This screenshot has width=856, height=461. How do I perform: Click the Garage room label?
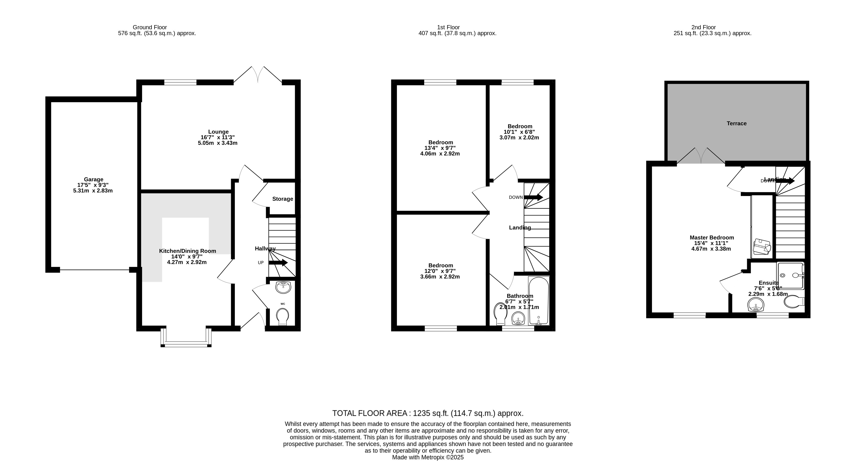[x=93, y=179]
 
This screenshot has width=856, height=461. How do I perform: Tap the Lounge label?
[x=218, y=132]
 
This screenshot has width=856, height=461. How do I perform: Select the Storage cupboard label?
[x=282, y=199]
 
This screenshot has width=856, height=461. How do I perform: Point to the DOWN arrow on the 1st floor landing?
[x=533, y=197]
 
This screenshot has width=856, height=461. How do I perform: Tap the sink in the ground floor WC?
[x=283, y=287]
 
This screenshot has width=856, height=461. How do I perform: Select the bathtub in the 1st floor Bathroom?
[x=539, y=301]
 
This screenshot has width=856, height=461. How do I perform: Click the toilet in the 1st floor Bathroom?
[x=500, y=314]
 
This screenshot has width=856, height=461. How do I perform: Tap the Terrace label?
[x=736, y=123]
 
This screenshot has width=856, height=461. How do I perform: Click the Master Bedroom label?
[x=712, y=237]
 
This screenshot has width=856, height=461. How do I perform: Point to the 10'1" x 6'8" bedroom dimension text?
[x=519, y=132]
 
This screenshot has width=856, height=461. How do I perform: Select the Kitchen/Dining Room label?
[x=187, y=251]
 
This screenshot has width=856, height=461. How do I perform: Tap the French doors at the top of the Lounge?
[x=258, y=75]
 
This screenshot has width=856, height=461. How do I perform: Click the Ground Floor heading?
[x=150, y=27]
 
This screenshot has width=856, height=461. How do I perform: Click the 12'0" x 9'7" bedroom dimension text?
[x=440, y=271]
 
